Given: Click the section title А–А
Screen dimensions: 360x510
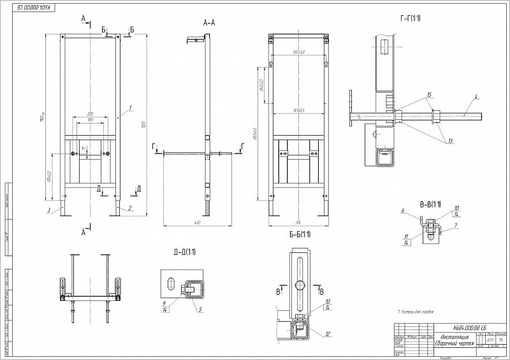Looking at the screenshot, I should pyautogui.click(x=209, y=22).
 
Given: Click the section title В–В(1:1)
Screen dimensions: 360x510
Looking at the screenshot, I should pyautogui.click(x=430, y=204).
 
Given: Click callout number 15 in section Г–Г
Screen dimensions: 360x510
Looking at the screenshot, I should pyautogui.click(x=429, y=95).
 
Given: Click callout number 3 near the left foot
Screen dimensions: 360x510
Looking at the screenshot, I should pyautogui.click(x=48, y=208).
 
